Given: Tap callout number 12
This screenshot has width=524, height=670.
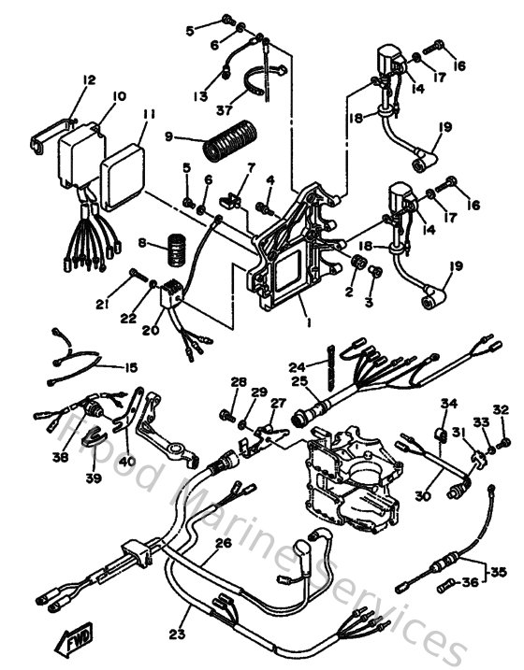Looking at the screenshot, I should tap(89, 81).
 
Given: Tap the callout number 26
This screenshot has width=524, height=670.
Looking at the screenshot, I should tap(223, 543).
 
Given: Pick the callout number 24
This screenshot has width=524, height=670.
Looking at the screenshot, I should tap(297, 367).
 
